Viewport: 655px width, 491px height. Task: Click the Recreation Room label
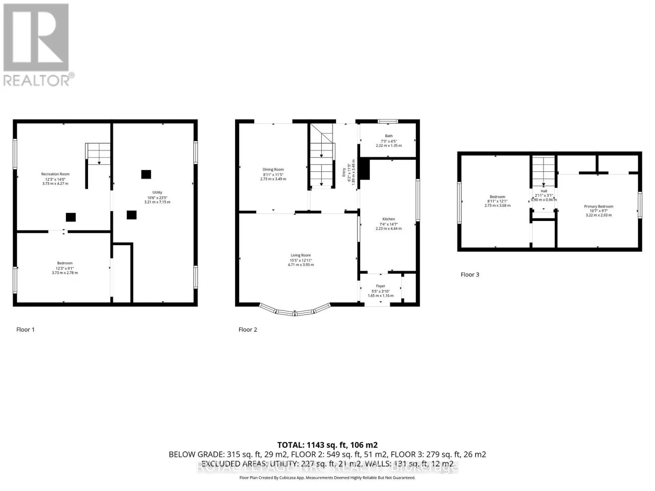(55, 174)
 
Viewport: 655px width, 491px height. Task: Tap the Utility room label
(157, 192)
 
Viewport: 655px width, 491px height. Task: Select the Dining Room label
(273, 169)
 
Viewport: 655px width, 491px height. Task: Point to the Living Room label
(300, 255)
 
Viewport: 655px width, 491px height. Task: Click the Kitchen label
(388, 219)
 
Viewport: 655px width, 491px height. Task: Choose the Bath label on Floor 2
(388, 136)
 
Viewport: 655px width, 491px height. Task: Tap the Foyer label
(380, 286)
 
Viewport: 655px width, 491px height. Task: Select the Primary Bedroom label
(598, 207)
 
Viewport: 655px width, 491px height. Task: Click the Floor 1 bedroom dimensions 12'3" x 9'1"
(65, 268)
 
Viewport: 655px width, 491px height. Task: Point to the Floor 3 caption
(470, 275)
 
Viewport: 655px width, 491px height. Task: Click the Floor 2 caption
(248, 329)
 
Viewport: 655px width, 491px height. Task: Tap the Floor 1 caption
(25, 329)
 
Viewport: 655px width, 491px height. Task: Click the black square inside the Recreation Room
(71, 217)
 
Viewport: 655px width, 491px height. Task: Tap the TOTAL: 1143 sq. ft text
(327, 445)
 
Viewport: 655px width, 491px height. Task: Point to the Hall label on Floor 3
(544, 191)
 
